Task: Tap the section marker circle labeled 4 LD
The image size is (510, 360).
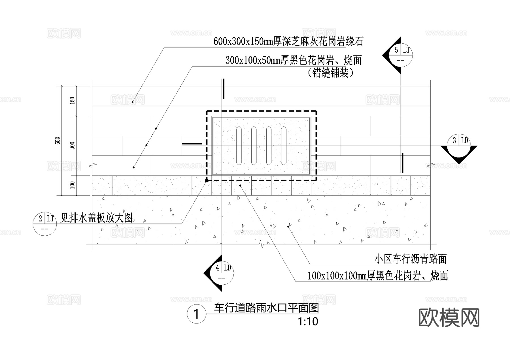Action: (222, 273)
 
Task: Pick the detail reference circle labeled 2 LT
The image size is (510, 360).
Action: (45, 223)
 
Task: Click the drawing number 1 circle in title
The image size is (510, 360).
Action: (196, 314)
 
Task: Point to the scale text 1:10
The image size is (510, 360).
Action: (308, 322)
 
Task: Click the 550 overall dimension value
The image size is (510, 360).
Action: (58, 140)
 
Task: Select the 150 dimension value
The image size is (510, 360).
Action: (73, 101)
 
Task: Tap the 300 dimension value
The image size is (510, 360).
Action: (73, 146)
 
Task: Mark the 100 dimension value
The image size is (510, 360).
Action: (73, 185)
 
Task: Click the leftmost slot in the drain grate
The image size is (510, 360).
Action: (239, 146)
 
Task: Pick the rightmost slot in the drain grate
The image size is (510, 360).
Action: (284, 146)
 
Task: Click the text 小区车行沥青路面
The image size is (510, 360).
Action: (410, 259)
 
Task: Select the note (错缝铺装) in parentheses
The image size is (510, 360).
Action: (330, 73)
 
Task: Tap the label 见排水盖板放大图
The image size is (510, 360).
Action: (97, 218)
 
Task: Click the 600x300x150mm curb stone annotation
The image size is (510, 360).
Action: (288, 42)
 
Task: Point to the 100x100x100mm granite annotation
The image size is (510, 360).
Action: (378, 276)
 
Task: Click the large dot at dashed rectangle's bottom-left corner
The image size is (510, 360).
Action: (207, 180)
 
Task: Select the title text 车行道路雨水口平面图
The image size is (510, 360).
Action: (266, 308)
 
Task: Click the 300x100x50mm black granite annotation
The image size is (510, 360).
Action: (294, 60)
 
